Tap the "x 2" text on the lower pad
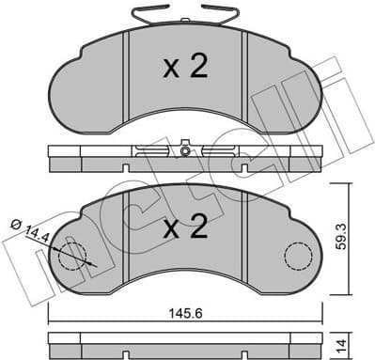click(184, 229)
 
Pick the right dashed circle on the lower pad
click(298, 256)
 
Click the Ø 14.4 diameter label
click(29, 229)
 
